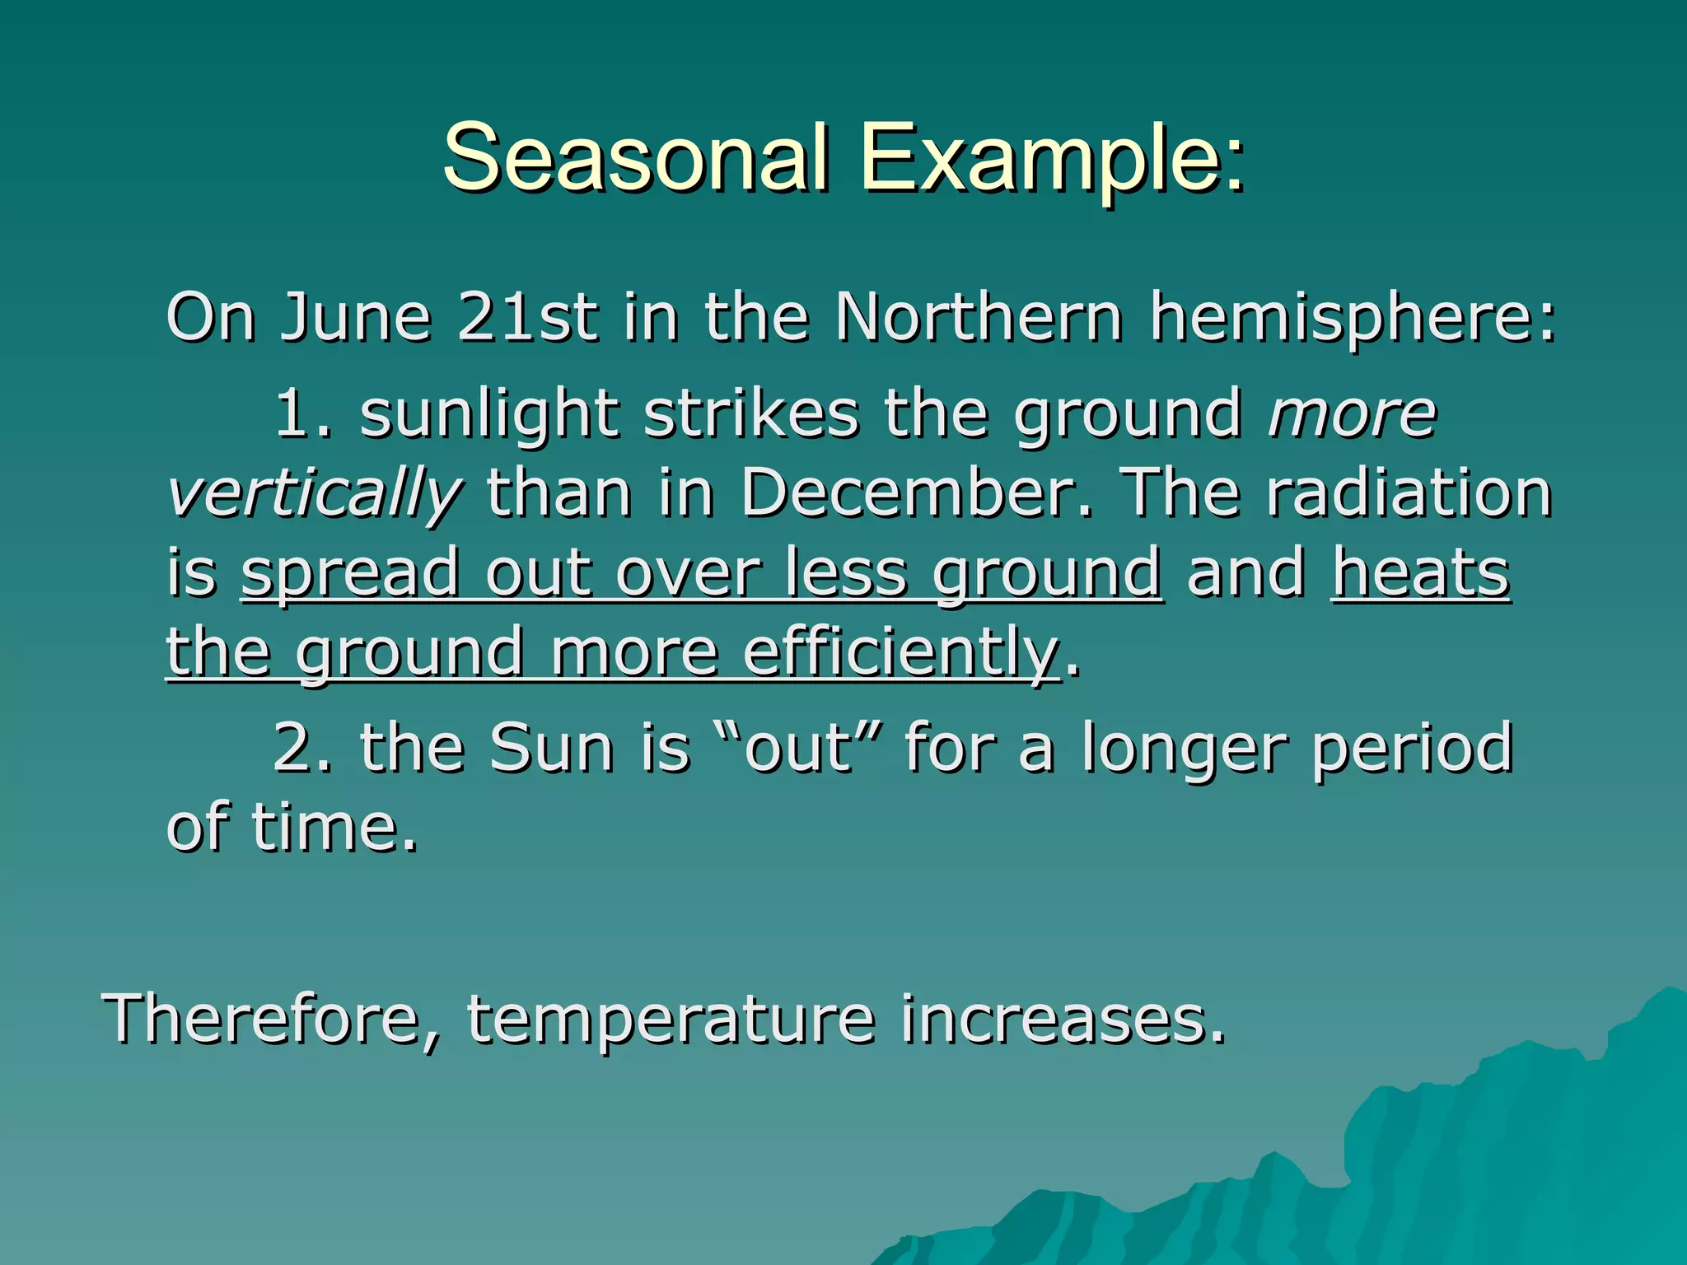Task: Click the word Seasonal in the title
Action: (x=634, y=156)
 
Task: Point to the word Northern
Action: (x=979, y=317)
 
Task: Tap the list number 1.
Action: (x=301, y=413)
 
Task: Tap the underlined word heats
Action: (x=1420, y=573)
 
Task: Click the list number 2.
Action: (x=301, y=748)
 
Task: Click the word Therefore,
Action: (x=272, y=1020)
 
